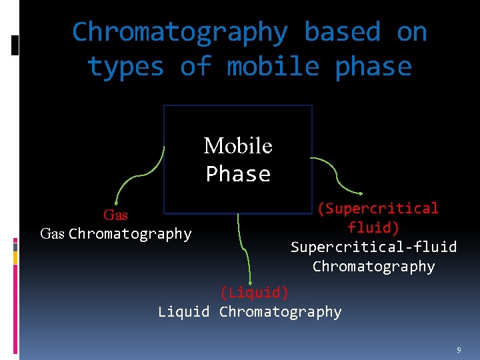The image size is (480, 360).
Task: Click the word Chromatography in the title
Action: point(179,31)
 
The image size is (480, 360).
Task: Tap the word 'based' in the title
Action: point(341,31)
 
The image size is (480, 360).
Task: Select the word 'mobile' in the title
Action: point(273,67)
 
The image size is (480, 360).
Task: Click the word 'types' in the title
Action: point(125,67)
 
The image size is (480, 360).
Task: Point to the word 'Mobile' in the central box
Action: point(238,145)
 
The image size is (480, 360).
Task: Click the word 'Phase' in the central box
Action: point(238,174)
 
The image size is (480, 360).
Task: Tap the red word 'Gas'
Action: point(115,215)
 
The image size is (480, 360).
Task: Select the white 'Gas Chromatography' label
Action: point(116,234)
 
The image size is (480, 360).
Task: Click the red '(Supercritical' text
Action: point(377,209)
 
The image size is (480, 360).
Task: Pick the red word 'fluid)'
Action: point(373,228)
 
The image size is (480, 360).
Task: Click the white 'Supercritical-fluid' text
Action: point(374,247)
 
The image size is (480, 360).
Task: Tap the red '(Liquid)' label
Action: point(254,292)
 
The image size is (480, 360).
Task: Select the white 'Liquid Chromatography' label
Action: point(250,311)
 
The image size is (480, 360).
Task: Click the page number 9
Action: point(459,349)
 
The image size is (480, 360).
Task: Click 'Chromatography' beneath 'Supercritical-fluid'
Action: point(373,267)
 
